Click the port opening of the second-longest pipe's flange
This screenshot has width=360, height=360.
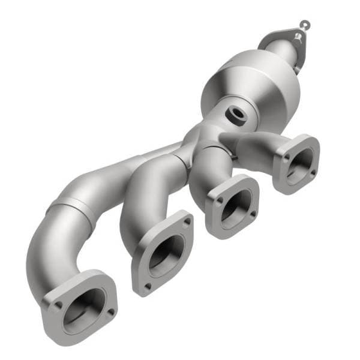162,251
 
